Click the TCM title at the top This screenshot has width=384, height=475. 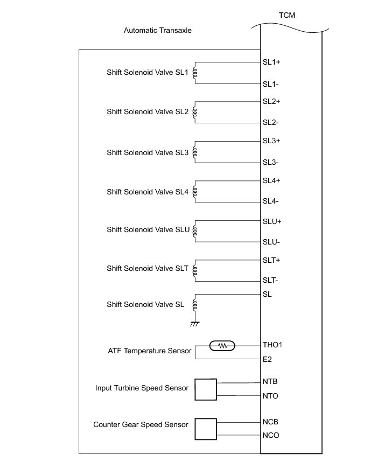pos(287,15)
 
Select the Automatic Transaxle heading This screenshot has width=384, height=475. pos(157,30)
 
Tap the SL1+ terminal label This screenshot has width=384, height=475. pos(271,62)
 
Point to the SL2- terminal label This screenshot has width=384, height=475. pos(270,122)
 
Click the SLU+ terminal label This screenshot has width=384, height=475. pos(272,221)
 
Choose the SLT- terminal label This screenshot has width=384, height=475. pos(271,280)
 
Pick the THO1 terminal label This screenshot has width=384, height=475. pos(273,345)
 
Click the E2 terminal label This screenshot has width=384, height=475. pos(268,359)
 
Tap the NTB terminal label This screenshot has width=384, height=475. pos(270,382)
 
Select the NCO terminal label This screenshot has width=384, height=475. pos(271,435)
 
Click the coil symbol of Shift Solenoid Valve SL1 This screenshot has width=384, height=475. pos(195,73)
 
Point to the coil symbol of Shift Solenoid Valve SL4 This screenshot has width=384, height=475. pos(195,191)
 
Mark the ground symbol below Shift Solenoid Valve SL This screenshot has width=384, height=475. pos(195,324)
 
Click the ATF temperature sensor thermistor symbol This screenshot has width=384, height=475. pos(222,345)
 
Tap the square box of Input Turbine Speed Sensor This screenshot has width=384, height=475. pos(205,389)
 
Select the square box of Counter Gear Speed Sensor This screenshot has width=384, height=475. pos(205,429)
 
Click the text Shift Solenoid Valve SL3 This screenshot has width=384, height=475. pos(147,152)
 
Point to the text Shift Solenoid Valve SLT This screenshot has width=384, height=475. pos(147,268)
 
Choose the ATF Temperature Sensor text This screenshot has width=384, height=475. pos(150,351)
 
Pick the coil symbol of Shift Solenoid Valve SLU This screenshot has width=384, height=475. pos(195,230)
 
